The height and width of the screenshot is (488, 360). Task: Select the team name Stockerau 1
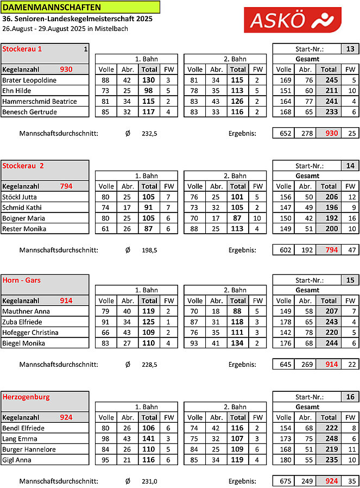(x=22, y=49)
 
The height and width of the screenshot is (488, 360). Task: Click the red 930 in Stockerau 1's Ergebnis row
(x=329, y=133)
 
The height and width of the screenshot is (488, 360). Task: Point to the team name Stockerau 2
(x=23, y=165)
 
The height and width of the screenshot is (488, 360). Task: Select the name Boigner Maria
(x=24, y=218)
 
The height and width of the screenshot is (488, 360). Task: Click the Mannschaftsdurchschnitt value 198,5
(x=150, y=250)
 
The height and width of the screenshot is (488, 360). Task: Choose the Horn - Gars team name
(x=22, y=280)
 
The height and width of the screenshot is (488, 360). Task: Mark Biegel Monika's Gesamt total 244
(x=329, y=343)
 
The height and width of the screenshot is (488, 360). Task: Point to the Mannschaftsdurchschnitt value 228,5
(x=150, y=364)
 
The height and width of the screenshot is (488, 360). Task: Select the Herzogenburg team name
(x=26, y=397)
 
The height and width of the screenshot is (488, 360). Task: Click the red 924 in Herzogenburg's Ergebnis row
(x=329, y=481)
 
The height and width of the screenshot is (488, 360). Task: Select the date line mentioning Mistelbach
(x=65, y=28)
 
